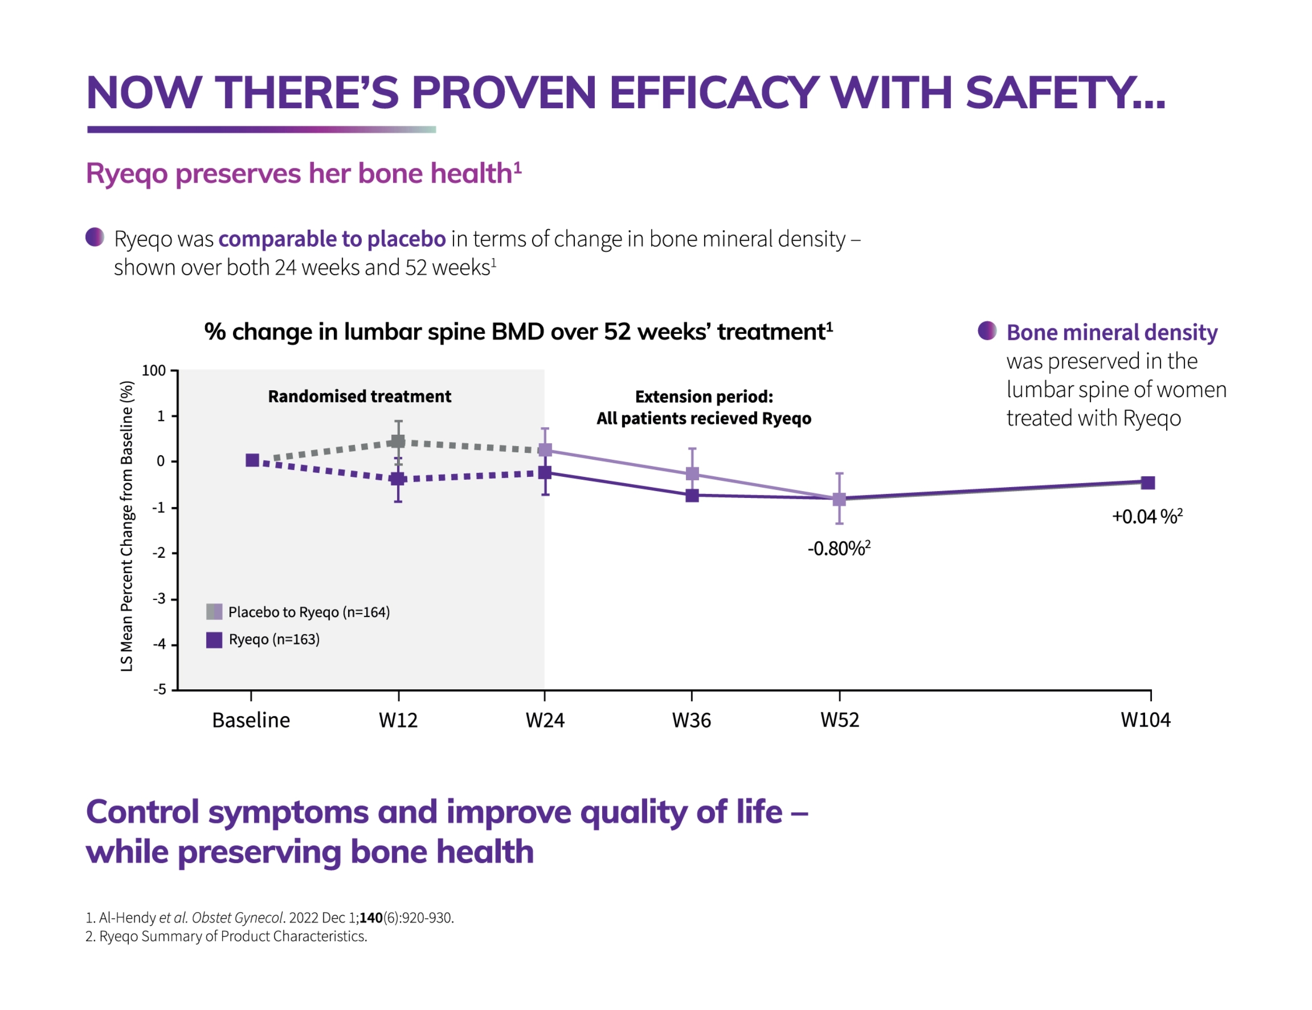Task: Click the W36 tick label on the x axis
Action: click(691, 720)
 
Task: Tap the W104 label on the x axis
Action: click(1145, 720)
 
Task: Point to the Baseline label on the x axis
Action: click(251, 720)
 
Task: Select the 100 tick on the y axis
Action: click(154, 371)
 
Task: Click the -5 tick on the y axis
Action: click(159, 689)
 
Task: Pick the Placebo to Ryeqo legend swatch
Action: click(214, 611)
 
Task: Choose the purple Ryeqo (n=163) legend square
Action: click(214, 639)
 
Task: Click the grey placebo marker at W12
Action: click(398, 442)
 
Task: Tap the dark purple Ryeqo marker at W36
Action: click(692, 495)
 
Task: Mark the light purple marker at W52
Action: click(839, 499)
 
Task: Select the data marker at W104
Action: click(1148, 482)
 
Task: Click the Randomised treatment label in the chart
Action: click(359, 397)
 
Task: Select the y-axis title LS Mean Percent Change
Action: click(127, 526)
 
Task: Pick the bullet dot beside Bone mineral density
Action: click(987, 330)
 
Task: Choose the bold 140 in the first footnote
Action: click(371, 917)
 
